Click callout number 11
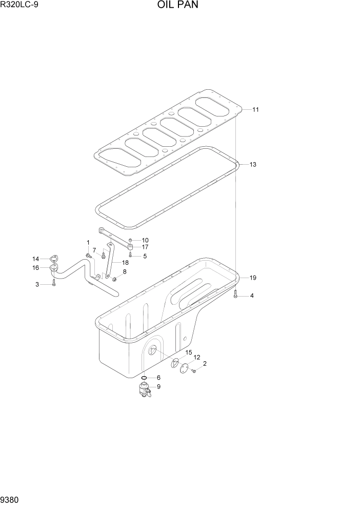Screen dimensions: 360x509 click(x=255, y=109)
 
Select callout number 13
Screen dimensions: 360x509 click(x=253, y=165)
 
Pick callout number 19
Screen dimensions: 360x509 click(x=253, y=278)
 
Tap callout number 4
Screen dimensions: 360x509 click(x=251, y=296)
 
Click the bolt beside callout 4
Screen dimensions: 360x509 click(x=235, y=294)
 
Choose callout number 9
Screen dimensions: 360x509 click(x=158, y=387)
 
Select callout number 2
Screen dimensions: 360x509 click(x=205, y=364)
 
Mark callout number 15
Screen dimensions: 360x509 click(x=188, y=353)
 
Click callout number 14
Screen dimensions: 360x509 click(x=36, y=258)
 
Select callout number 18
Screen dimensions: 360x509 click(x=125, y=262)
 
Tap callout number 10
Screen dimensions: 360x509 click(x=145, y=240)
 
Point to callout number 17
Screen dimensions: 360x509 click(x=145, y=247)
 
